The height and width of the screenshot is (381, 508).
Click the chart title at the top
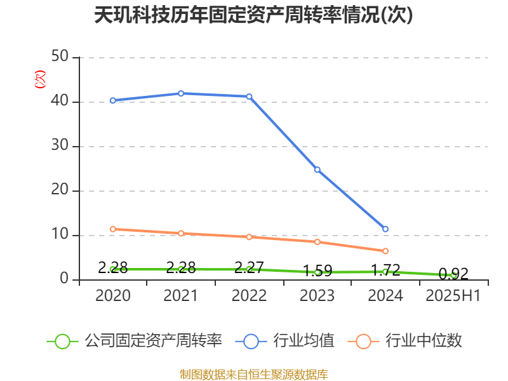pos(253,15)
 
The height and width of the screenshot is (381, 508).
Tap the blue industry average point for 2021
pos(181,93)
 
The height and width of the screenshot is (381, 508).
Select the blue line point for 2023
pos(317,170)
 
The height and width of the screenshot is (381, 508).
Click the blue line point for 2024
pos(385,229)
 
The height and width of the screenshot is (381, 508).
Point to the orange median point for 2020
pos(112,229)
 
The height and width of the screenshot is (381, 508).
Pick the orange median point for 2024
pos(385,251)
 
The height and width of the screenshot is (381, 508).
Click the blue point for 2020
pos(112,100)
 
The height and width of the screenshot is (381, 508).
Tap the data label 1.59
pos(317,271)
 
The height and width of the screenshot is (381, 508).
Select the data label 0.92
pos(453,274)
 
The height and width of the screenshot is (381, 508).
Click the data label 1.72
pos(385,270)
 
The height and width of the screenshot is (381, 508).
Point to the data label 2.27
pos(249,267)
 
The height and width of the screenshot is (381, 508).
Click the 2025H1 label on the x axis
pos(453,296)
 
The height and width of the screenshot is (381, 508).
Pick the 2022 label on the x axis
pos(249,296)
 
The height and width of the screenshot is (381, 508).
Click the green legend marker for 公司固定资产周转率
pos(62,341)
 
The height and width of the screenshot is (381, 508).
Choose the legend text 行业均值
pos(304,341)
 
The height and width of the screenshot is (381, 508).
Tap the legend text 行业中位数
pos(422,341)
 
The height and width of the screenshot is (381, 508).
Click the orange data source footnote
pos(254,374)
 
